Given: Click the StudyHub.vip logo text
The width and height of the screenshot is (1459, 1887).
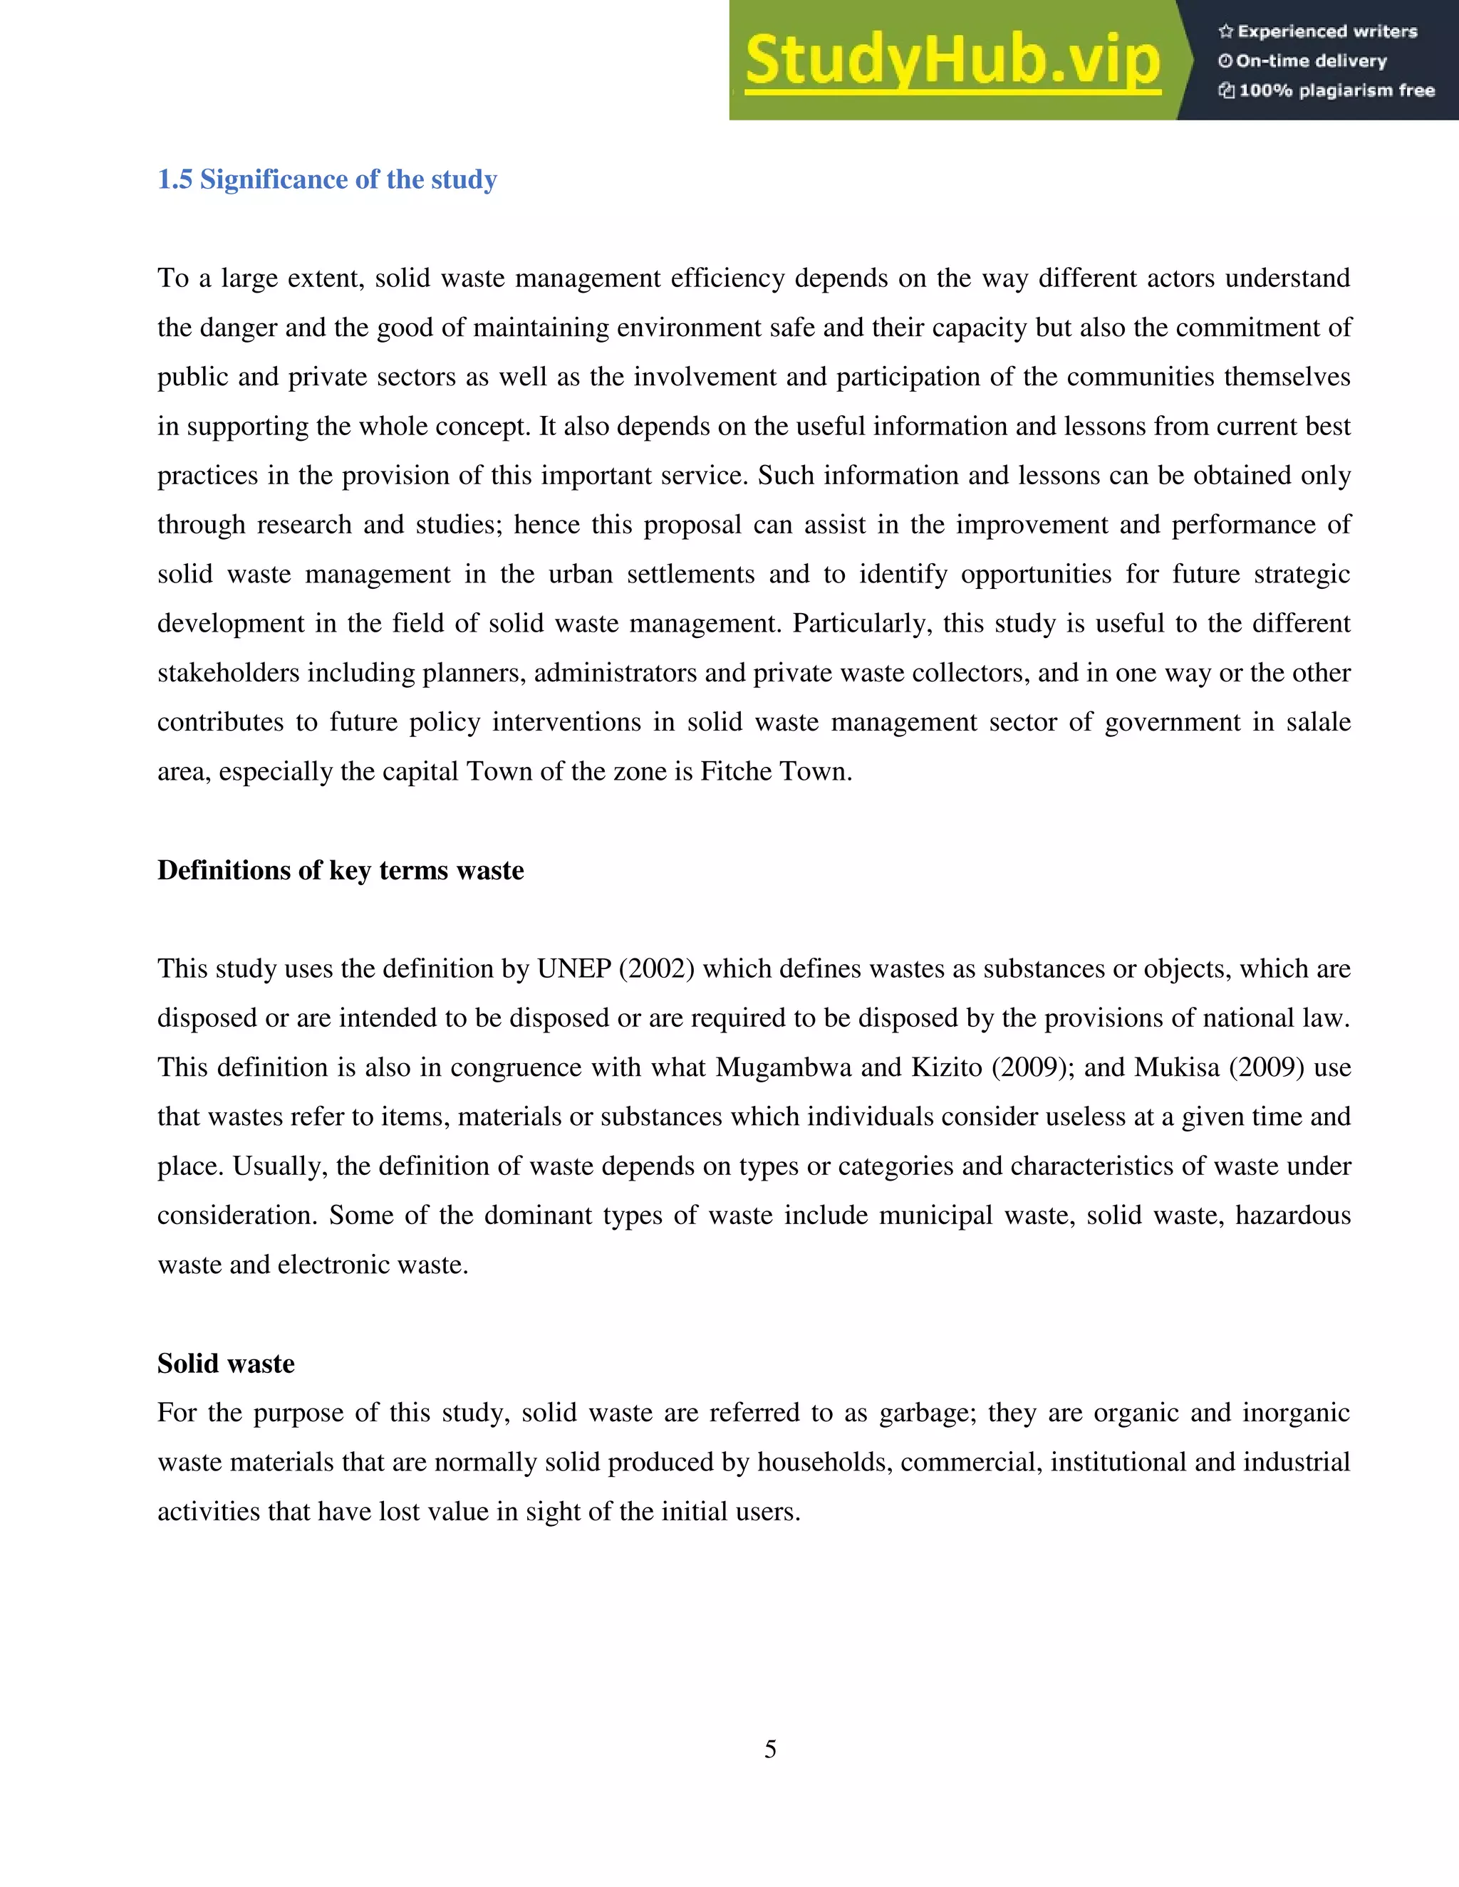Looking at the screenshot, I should [x=952, y=61].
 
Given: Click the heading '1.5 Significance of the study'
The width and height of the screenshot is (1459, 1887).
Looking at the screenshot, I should [x=327, y=179].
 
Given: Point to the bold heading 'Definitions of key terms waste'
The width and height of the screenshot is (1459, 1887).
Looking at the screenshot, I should [x=341, y=870].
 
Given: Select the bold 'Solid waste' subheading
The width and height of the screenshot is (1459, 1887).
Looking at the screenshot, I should [x=226, y=1364].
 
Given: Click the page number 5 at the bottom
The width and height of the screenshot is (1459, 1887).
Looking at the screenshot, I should [x=770, y=1750].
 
